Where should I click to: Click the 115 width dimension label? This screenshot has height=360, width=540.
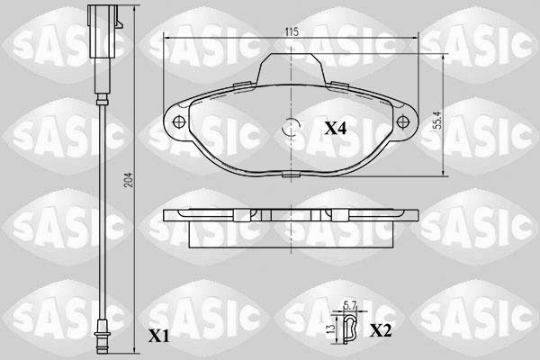(x=292, y=31)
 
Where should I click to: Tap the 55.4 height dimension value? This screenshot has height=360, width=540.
(x=437, y=120)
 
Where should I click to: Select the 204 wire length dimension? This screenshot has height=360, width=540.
(x=128, y=179)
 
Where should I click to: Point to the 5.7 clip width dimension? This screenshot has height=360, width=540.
(x=351, y=304)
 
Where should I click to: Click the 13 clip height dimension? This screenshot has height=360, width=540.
(x=330, y=329)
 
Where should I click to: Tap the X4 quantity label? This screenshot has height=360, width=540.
(x=336, y=129)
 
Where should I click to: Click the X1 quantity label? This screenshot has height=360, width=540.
(x=158, y=336)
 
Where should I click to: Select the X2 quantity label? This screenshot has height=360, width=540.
(x=381, y=330)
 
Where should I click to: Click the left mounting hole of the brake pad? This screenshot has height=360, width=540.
(x=178, y=121)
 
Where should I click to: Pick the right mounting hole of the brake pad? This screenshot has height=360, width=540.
(x=402, y=121)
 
